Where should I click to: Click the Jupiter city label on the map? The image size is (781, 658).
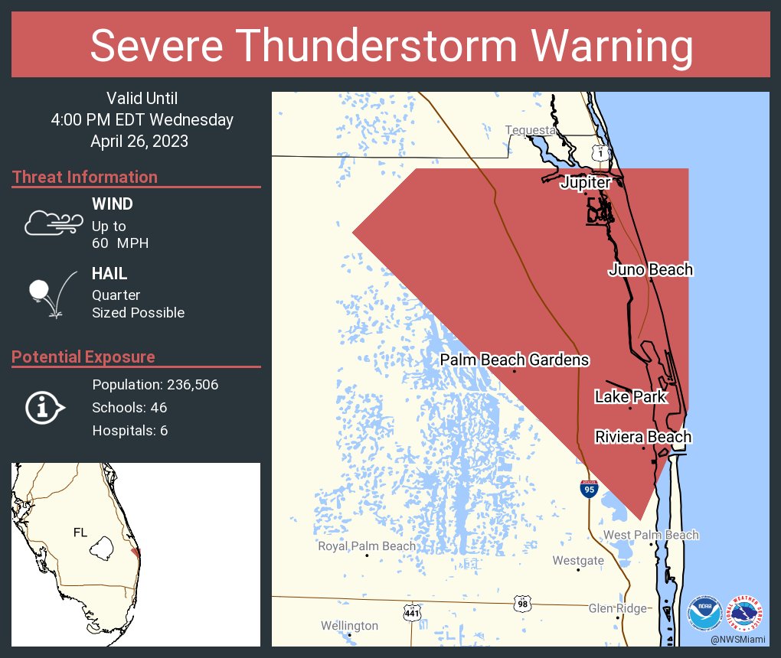[585, 183]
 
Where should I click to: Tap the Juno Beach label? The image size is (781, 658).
[651, 269]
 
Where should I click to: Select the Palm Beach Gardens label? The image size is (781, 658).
[515, 360]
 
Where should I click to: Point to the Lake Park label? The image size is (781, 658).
[630, 397]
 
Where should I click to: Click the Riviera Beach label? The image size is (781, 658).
[643, 437]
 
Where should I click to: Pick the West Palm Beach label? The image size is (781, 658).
[651, 535]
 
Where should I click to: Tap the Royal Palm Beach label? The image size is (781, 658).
[367, 546]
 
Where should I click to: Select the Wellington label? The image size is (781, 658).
[349, 626]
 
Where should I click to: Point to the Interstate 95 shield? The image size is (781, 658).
[588, 488]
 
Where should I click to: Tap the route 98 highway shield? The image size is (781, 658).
[522, 603]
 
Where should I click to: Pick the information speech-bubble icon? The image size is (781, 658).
[44, 407]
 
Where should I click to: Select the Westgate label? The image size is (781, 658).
[578, 561]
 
